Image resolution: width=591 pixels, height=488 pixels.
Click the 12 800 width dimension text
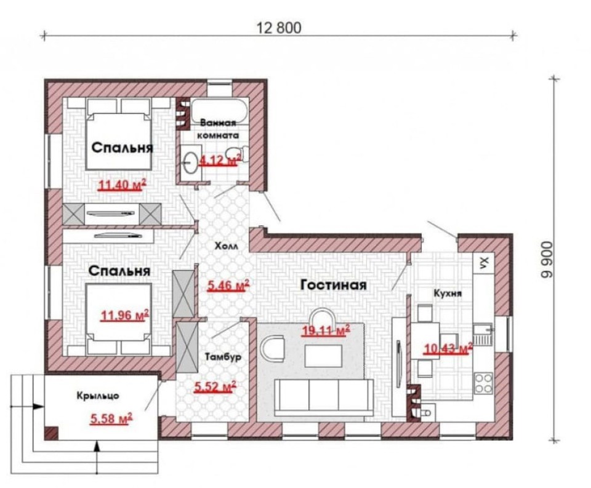279,28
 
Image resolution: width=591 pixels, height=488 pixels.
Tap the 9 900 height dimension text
546,260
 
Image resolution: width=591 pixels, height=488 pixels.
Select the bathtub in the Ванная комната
219,110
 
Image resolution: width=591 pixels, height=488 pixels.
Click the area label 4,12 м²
219,161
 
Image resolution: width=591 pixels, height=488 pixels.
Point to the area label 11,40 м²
121,185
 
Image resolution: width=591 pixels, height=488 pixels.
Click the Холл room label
226,246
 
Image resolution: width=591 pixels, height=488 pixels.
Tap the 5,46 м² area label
228,286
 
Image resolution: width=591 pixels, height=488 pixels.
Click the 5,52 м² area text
215,386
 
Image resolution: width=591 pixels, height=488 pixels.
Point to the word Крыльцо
98,396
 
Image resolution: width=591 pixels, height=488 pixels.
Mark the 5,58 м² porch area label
111,418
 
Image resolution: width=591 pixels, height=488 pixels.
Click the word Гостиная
334,285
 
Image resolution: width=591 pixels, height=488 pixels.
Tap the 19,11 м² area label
326,330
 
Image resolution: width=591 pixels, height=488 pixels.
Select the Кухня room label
448,293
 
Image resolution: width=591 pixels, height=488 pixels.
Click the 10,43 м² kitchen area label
448,349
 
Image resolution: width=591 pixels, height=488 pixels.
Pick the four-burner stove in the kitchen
483,383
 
